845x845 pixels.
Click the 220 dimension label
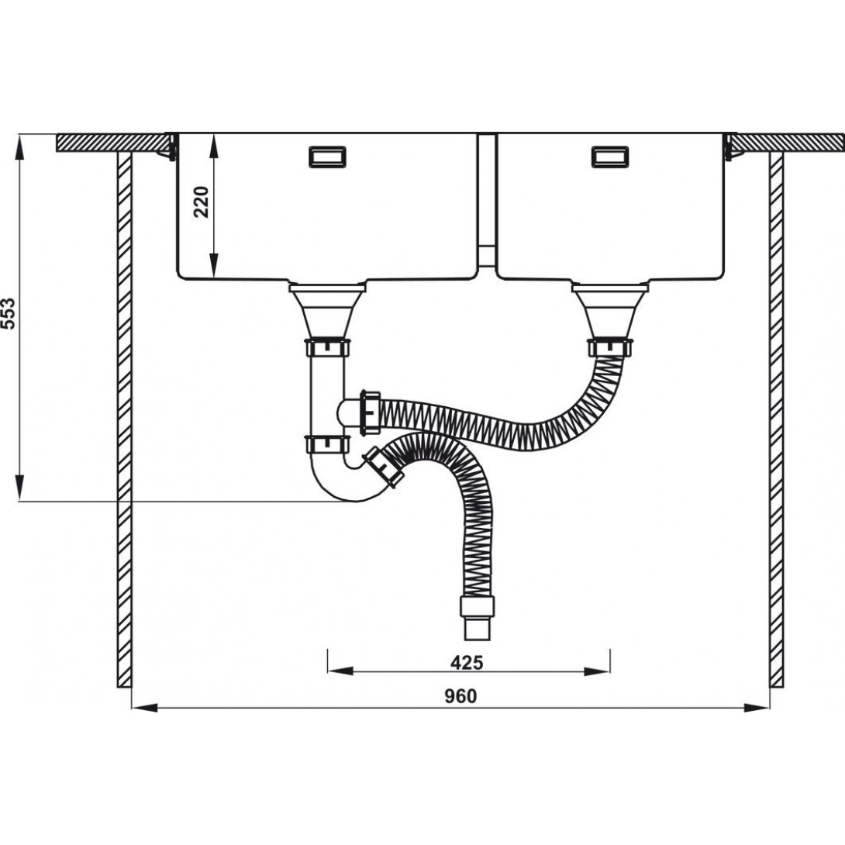pyautogui.click(x=201, y=201)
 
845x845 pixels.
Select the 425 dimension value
pyautogui.click(x=467, y=662)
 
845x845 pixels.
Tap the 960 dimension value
pyautogui.click(x=460, y=696)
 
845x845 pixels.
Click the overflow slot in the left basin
pyautogui.click(x=328, y=157)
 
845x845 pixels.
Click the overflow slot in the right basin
pyautogui.click(x=610, y=157)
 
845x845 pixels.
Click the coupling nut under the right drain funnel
pyautogui.click(x=611, y=347)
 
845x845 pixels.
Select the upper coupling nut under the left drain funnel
pyautogui.click(x=328, y=347)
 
